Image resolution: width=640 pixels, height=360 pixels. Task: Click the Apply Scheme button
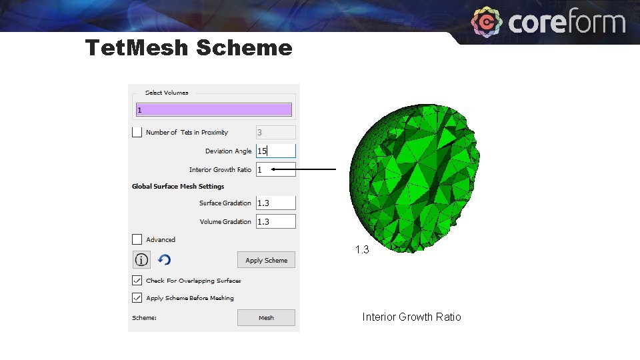266,260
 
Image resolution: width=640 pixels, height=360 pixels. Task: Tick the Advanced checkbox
137,239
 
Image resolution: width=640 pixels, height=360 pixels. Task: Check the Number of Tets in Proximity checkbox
137,132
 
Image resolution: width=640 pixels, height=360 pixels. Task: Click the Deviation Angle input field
275,151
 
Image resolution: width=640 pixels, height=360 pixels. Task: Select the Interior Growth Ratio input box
275,169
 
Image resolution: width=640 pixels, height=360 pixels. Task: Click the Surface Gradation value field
275,203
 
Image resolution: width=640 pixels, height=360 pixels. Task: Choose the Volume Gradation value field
275,221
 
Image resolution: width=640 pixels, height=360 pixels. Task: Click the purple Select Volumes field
213,109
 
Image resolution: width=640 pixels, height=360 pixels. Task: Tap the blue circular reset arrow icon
165,259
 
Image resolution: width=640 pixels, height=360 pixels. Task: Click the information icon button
141,259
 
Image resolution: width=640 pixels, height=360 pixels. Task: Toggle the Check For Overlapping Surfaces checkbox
137,280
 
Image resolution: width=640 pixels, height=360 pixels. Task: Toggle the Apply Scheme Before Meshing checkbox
137,298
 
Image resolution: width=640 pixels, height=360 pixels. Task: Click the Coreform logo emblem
487,23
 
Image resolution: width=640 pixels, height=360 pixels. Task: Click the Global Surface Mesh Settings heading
178,187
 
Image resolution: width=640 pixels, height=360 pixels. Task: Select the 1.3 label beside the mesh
362,250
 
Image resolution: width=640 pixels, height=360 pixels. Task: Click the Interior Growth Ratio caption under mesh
411,317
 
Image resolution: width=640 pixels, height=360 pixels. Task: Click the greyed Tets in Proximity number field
275,132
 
